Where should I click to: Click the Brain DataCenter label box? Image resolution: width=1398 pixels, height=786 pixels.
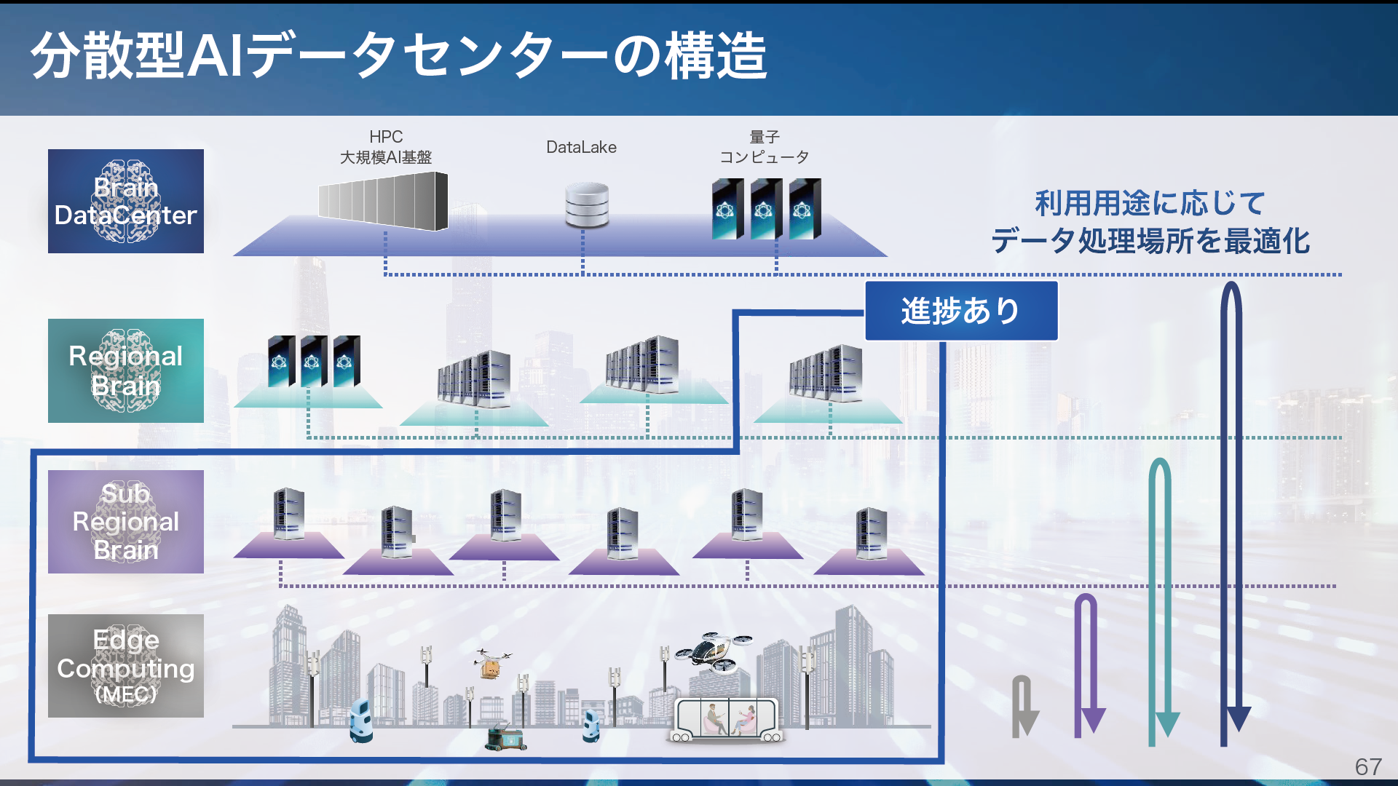(126, 201)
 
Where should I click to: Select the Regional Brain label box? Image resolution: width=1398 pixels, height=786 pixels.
(126, 370)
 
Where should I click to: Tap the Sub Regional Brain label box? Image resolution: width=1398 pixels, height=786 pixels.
(126, 521)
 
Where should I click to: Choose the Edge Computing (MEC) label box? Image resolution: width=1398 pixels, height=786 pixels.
(126, 666)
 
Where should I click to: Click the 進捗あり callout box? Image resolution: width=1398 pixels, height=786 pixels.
(961, 311)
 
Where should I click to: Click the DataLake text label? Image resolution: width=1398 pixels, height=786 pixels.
(581, 147)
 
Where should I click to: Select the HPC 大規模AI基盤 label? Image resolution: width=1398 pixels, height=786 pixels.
(386, 147)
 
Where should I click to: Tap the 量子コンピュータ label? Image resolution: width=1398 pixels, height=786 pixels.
(765, 147)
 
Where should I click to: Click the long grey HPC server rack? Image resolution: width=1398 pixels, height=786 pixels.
(383, 201)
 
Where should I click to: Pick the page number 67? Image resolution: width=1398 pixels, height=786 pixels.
(1368, 766)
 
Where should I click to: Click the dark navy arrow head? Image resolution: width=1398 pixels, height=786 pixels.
(1238, 718)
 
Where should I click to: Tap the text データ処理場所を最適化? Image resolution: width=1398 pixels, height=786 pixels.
(1150, 241)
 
